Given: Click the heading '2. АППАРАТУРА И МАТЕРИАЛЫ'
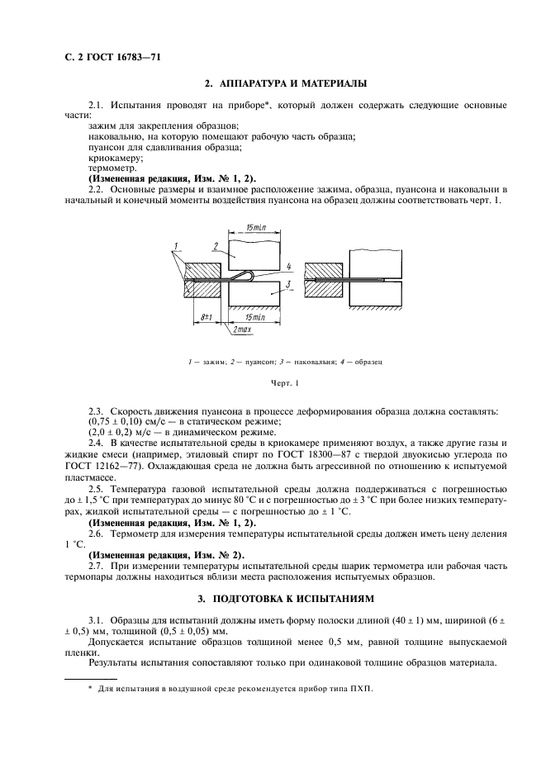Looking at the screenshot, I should tap(285, 83).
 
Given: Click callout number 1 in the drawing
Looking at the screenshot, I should tap(176, 246).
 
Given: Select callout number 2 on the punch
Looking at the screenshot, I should tap(215, 245).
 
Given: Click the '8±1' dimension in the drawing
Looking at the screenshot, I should tap(206, 315).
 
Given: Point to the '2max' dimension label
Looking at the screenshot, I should tap(241, 330).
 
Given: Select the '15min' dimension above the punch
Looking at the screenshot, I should tap(259, 226).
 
